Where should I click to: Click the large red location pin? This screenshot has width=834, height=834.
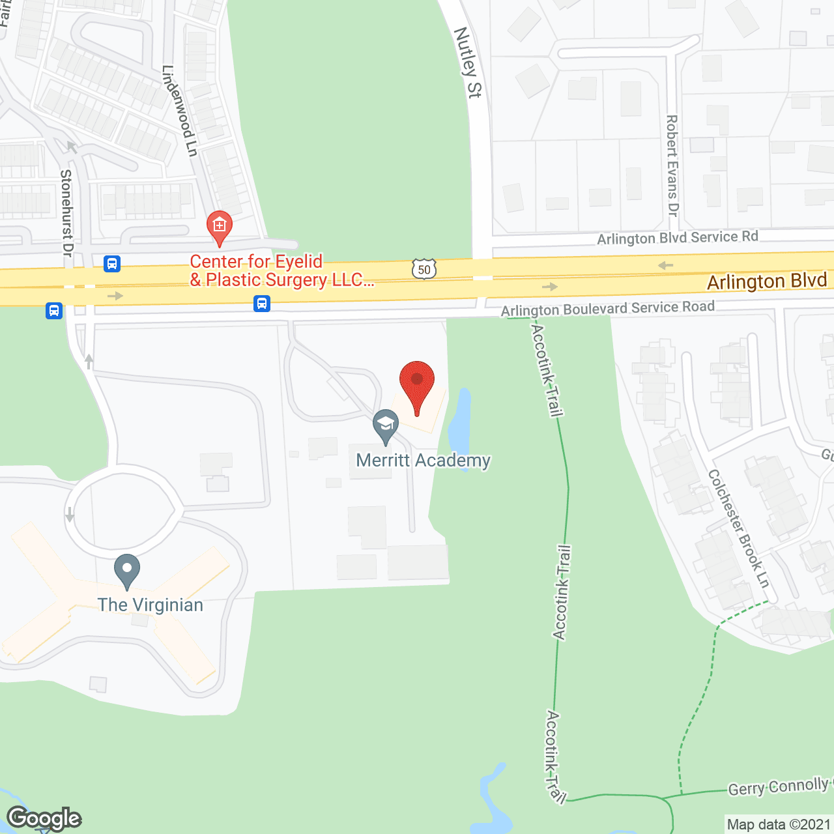pyautogui.click(x=417, y=384)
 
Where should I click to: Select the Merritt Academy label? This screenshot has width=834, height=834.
pyautogui.click(x=423, y=461)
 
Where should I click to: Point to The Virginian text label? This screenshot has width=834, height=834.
pyautogui.click(x=151, y=605)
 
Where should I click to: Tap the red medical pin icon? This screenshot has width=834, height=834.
pyautogui.click(x=220, y=227)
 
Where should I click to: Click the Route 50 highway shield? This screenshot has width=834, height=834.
pyautogui.click(x=424, y=269)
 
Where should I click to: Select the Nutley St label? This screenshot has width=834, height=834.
pyautogui.click(x=467, y=63)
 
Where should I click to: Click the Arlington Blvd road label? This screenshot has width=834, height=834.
pyautogui.click(x=767, y=281)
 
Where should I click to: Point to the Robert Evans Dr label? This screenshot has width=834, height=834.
pyautogui.click(x=672, y=165)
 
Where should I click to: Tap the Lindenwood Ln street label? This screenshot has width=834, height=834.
pyautogui.click(x=179, y=111)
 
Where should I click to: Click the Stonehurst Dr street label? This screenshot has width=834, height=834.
pyautogui.click(x=66, y=212)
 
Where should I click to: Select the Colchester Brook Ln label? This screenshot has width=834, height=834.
pyautogui.click(x=739, y=528)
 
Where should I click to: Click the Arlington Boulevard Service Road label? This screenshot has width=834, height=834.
pyautogui.click(x=607, y=308)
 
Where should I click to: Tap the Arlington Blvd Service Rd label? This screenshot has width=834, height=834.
pyautogui.click(x=678, y=238)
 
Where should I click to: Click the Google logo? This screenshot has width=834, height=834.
pyautogui.click(x=44, y=818)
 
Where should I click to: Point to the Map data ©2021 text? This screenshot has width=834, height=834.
pyautogui.click(x=779, y=824)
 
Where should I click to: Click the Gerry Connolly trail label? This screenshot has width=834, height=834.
pyautogui.click(x=779, y=787)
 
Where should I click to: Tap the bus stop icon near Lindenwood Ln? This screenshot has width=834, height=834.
pyautogui.click(x=112, y=264)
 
